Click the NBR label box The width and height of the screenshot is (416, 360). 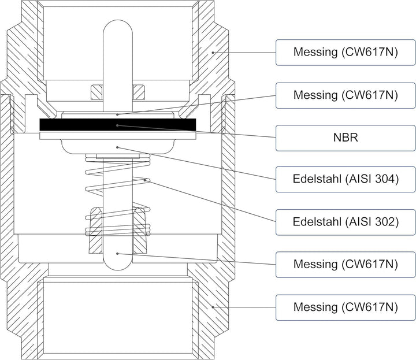point(346,138)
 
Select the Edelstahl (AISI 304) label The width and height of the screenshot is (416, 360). point(346,179)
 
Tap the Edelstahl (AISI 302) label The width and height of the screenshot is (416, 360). point(346,222)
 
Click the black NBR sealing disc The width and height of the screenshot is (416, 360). point(118,125)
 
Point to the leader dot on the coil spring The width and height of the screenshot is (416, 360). point(145,180)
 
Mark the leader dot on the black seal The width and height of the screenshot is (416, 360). point(117,125)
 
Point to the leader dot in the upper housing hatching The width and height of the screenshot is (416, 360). point(213,53)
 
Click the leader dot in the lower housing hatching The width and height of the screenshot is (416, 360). point(213,307)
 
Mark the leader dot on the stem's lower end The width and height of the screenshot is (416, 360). point(117,254)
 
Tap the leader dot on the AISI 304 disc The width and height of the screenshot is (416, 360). point(117,147)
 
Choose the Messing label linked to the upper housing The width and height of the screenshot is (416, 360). point(346,53)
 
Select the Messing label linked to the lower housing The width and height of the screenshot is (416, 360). point(346,307)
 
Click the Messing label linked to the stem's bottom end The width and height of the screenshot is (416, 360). point(346,265)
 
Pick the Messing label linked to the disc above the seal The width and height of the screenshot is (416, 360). point(346,95)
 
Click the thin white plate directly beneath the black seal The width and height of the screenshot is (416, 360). point(118,136)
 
